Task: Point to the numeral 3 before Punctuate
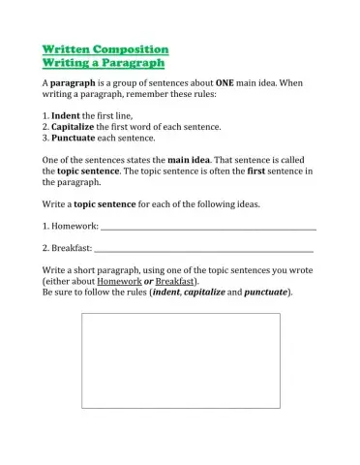coord(45,138)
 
